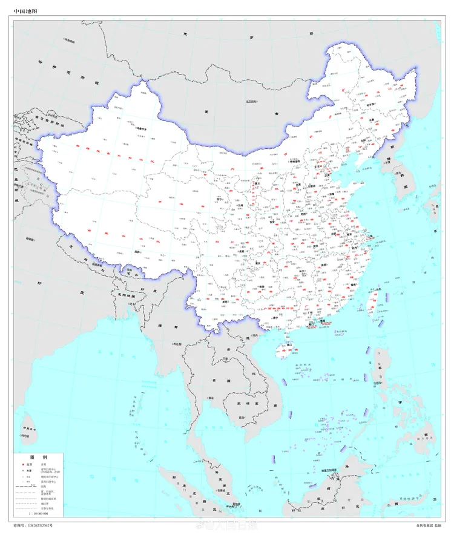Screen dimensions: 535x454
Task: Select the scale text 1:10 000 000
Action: coord(38,512)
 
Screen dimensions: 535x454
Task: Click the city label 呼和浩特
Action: coord(295,162)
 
